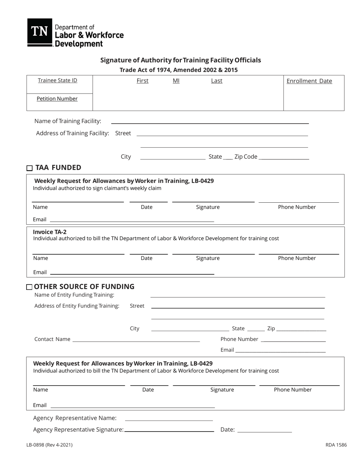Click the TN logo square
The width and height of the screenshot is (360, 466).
click(x=39, y=32)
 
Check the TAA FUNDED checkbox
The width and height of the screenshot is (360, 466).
click(x=30, y=168)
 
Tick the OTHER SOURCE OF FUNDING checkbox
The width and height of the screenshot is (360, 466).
click(x=30, y=287)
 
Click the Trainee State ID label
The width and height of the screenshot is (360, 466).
click(x=58, y=80)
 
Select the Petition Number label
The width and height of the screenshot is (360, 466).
click(x=57, y=99)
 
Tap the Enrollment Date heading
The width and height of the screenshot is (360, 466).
click(x=309, y=81)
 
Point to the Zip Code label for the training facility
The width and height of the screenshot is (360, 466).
click(x=246, y=156)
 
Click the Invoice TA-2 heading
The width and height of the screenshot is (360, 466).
click(x=50, y=232)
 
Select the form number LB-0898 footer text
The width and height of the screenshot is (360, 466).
click(x=49, y=445)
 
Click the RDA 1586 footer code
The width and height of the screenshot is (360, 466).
click(x=336, y=445)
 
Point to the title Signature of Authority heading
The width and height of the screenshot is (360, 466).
click(x=180, y=60)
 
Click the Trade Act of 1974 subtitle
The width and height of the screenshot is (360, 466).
click(x=178, y=70)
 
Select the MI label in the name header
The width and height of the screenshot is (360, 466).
click(x=176, y=81)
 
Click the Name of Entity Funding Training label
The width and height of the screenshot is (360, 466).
click(x=74, y=295)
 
